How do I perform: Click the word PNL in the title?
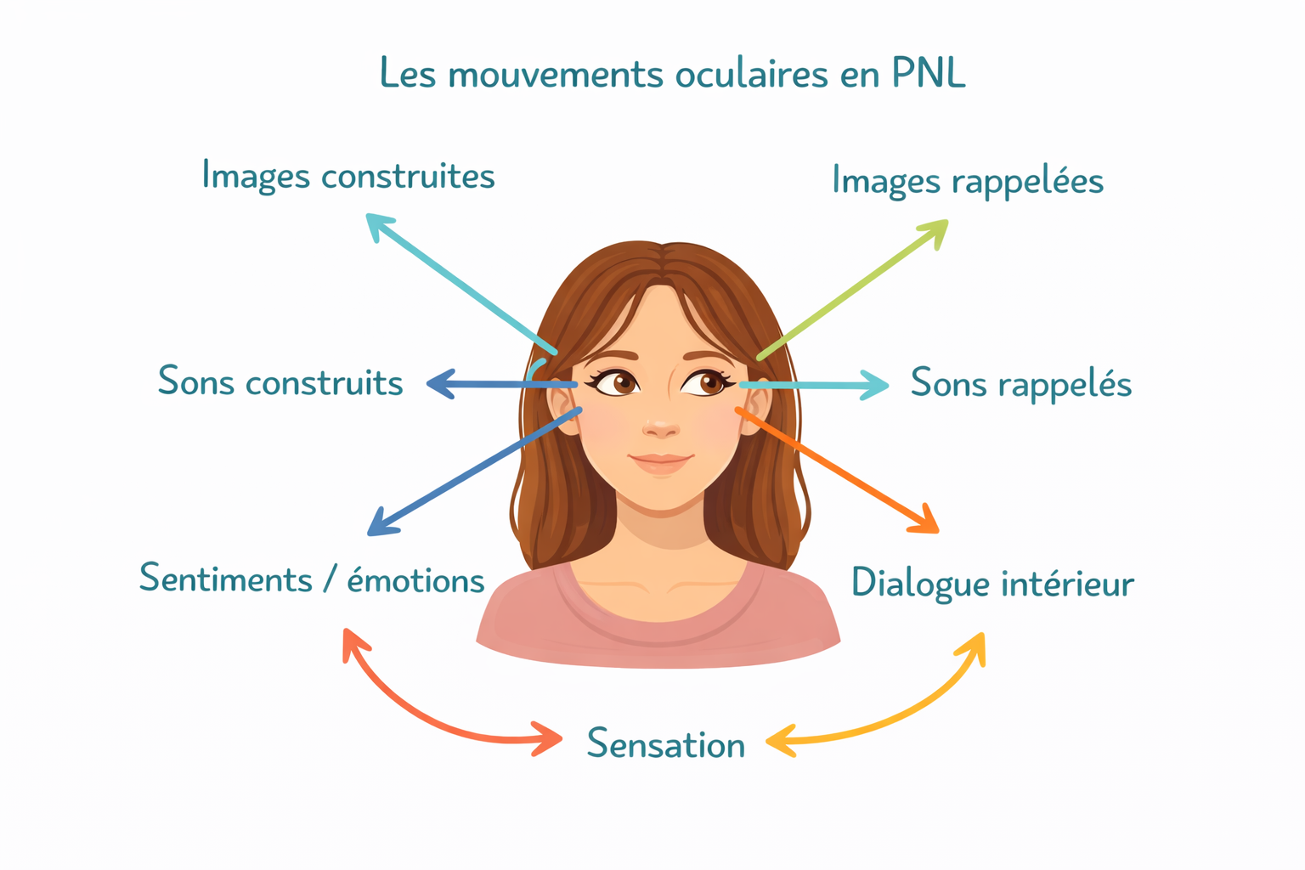[x=929, y=73]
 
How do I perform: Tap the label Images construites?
[x=348, y=177]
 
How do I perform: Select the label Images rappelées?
[x=967, y=181]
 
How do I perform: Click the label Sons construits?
[x=280, y=382]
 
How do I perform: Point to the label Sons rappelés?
[x=1020, y=384]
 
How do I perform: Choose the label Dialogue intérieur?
[x=992, y=584]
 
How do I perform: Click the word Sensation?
[x=666, y=744]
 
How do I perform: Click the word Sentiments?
[x=226, y=579]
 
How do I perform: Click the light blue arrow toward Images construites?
[x=459, y=282]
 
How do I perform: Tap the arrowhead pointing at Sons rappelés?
[x=875, y=385]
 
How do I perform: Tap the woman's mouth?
[x=661, y=461]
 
